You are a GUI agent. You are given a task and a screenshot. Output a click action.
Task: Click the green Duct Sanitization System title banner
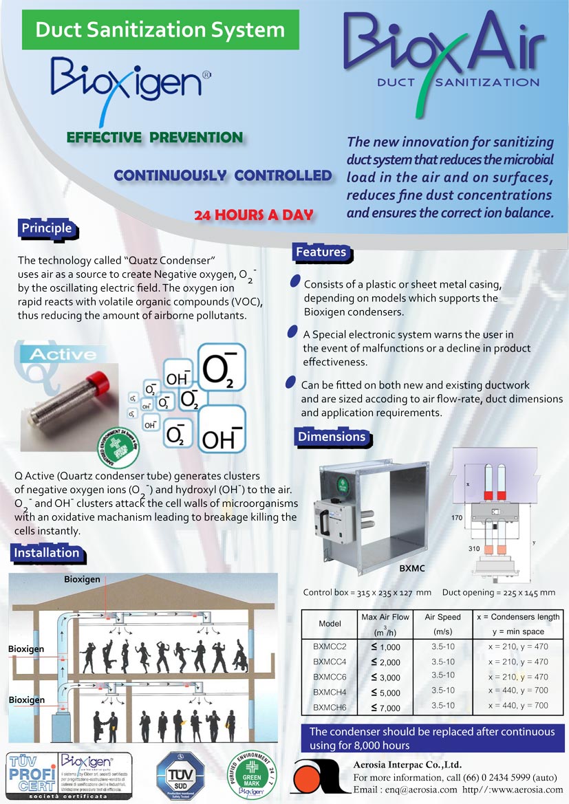160,30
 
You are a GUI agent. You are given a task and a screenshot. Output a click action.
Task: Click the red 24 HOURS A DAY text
253,215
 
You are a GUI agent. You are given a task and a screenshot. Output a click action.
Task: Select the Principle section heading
46,228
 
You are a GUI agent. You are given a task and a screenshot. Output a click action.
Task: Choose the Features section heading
321,252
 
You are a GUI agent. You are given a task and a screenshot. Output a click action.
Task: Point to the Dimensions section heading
331,437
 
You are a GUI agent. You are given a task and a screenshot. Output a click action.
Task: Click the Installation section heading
47,552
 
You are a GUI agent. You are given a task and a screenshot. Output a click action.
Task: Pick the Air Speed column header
442,617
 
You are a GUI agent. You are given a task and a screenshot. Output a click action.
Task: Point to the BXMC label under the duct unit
411,569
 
